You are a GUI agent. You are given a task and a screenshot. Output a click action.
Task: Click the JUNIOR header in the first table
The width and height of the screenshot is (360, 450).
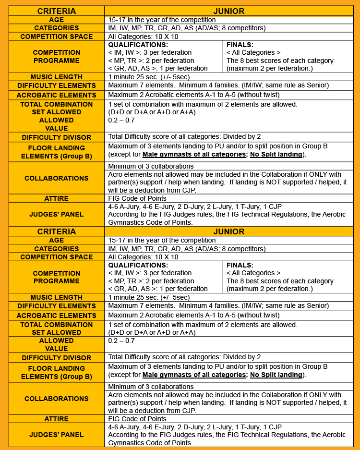coord(229,11)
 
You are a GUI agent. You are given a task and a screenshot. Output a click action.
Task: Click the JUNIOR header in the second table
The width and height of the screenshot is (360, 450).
coord(229,231)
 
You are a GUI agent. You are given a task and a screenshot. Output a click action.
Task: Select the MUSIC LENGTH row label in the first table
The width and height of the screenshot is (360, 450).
coord(57,77)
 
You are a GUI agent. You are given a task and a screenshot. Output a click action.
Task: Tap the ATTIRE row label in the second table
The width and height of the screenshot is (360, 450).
coord(57,419)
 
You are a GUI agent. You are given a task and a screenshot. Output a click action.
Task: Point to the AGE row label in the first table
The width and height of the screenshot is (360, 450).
coord(57,20)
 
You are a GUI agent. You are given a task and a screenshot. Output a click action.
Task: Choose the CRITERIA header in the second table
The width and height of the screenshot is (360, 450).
coord(57,231)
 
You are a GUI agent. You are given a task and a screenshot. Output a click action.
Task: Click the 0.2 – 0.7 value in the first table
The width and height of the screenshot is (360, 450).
coord(121,120)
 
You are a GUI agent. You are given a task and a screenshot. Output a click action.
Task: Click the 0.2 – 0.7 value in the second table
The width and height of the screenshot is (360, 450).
coord(121,341)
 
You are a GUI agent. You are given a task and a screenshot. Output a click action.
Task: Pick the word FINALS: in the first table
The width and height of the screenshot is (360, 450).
coord(240,45)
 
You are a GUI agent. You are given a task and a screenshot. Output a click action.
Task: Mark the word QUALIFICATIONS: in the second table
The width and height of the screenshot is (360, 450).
coord(138,265)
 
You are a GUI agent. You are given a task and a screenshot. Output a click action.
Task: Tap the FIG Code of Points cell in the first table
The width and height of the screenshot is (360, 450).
coord(137,198)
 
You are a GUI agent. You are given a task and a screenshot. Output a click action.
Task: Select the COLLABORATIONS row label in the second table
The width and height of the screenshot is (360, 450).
coord(57,399)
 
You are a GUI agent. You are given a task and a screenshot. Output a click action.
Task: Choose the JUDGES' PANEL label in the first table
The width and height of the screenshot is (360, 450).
coord(57,214)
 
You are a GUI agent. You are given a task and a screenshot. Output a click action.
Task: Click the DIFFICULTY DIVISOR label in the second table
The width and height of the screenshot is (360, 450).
coord(57,358)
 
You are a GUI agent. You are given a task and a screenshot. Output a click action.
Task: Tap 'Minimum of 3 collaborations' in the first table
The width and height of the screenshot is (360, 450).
coord(151,166)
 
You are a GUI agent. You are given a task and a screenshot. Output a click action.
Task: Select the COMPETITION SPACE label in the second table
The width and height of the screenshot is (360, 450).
coord(57,257)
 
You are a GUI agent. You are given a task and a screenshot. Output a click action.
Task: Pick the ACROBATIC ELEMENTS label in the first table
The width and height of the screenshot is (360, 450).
coord(57,95)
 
